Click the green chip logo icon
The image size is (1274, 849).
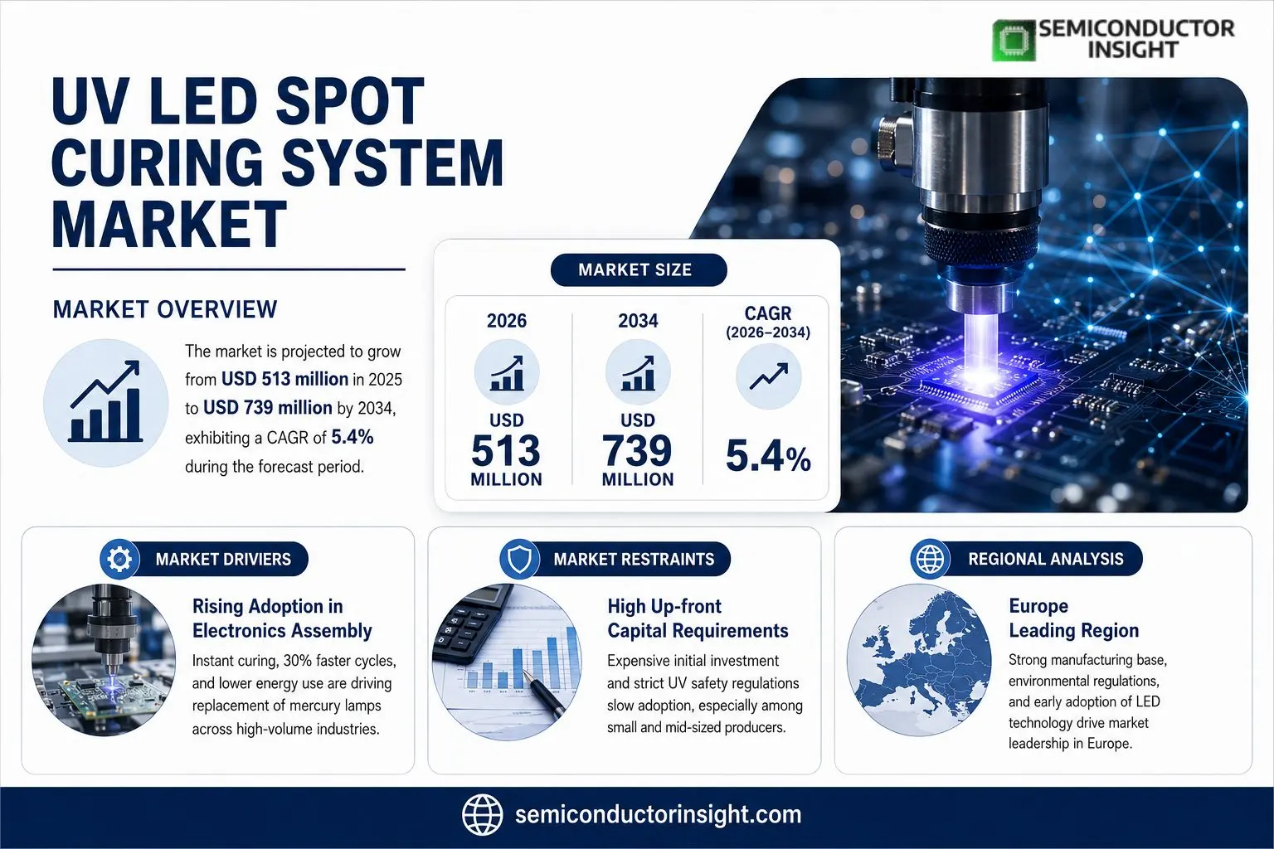[x=1014, y=40]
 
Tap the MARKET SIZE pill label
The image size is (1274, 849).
[x=638, y=269]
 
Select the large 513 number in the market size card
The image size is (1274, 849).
[x=506, y=450]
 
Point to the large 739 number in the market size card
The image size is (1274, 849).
[x=638, y=450]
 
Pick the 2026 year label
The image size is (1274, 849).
[x=506, y=321]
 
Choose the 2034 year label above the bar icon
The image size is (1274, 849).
[x=638, y=321]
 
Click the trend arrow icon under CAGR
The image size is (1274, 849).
[x=768, y=376]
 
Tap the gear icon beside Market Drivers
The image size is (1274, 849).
[x=119, y=559]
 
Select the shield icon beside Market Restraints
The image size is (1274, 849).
[x=519, y=559]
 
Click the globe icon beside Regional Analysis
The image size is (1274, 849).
[x=930, y=559]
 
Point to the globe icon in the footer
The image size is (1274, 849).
[x=482, y=815]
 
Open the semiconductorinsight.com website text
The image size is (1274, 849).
[x=658, y=815]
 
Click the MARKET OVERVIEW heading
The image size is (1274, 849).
[x=165, y=309]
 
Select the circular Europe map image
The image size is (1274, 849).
[x=918, y=660]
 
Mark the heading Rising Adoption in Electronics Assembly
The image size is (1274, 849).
[x=282, y=619]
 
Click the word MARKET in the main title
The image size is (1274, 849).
[x=169, y=224]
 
